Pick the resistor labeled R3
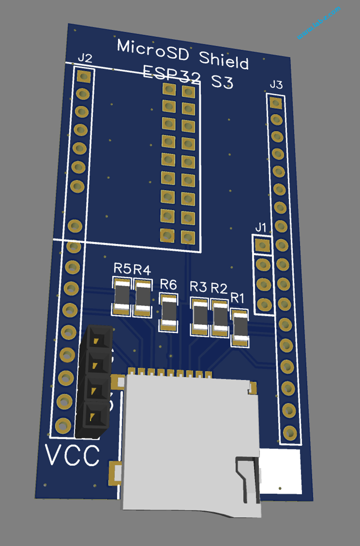tap(200, 316)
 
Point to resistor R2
tap(220, 318)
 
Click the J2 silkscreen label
tap(85, 58)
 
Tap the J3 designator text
tap(276, 84)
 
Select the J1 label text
tap(261, 228)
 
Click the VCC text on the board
tap(72, 455)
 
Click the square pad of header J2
tap(84, 76)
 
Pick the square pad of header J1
tap(262, 246)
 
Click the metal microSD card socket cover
tap(186, 434)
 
